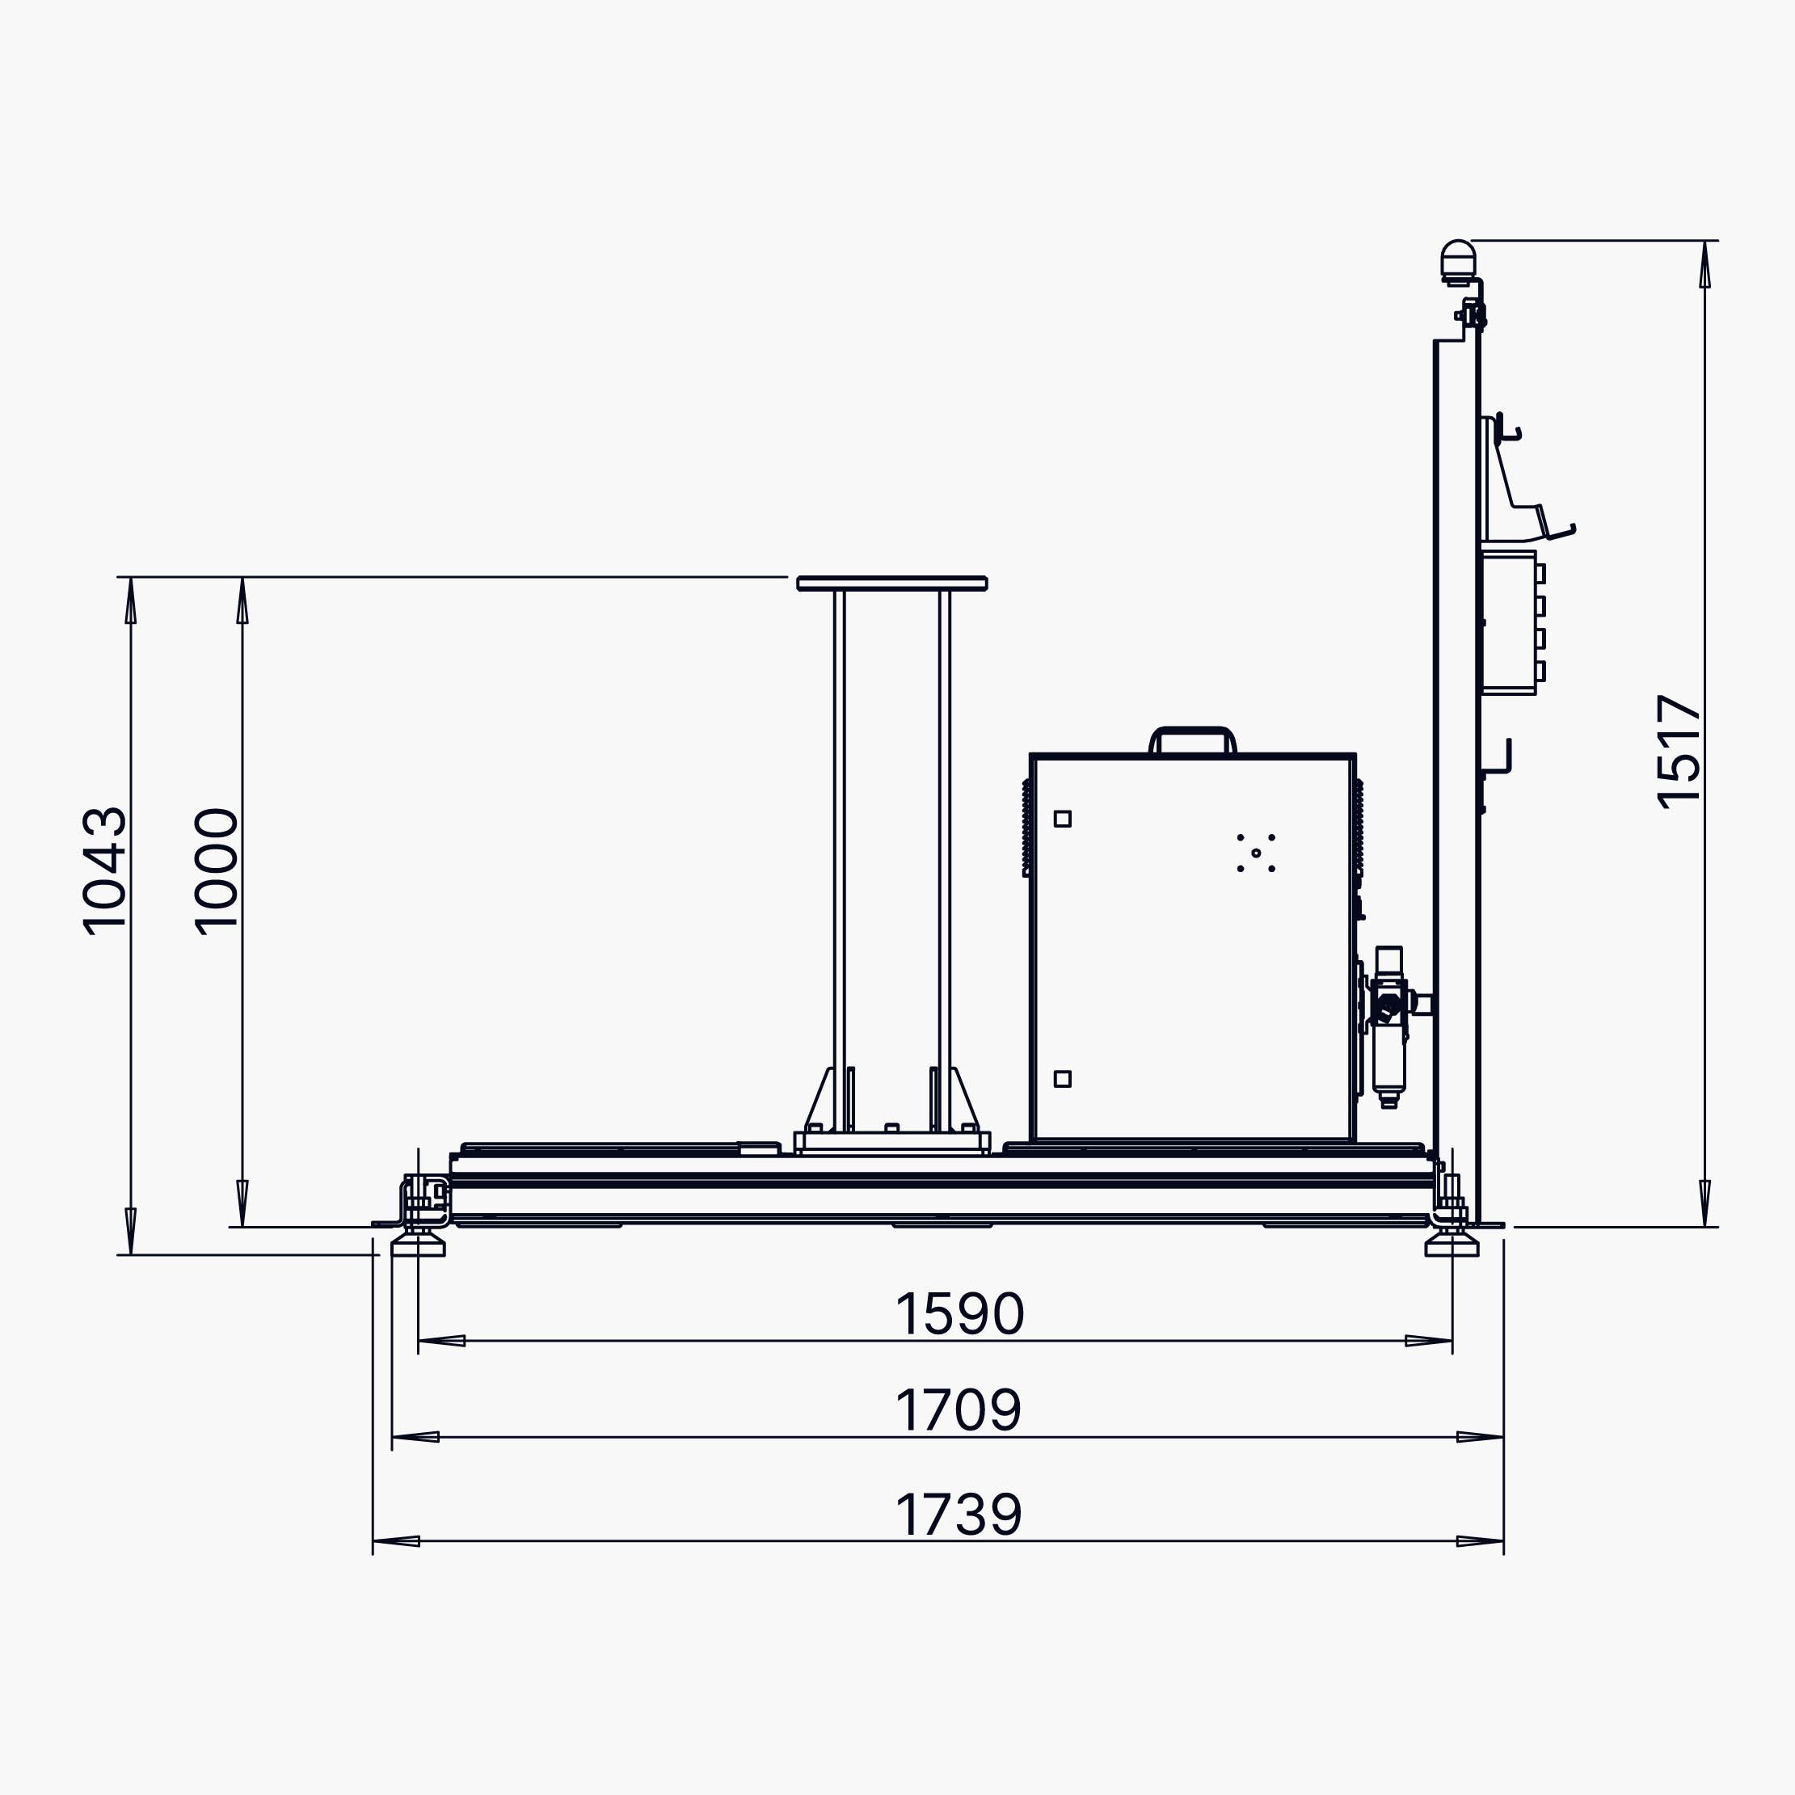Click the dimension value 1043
pos(104,870)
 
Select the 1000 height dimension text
pos(216,870)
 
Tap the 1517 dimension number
pos(1679,752)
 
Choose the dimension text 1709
pos(959,1410)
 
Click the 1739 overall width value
pos(959,1515)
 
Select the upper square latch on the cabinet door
pos(1063,819)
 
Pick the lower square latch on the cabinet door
pos(1063,1079)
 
